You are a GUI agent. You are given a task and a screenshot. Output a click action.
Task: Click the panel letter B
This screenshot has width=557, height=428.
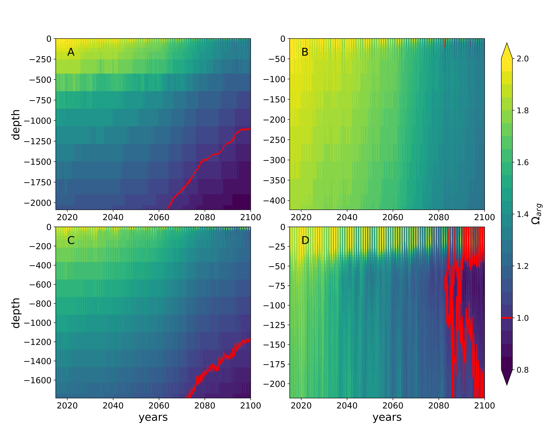(305, 52)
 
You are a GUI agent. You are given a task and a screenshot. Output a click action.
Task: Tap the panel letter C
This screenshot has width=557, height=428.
(71, 240)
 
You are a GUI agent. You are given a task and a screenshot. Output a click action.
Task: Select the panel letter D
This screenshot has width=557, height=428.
(305, 240)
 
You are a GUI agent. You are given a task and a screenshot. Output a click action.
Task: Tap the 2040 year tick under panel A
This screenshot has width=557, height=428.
(113, 217)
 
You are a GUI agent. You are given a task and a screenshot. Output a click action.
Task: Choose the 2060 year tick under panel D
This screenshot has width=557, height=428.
(393, 405)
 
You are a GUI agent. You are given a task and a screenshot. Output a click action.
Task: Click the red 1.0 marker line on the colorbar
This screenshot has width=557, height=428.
(507, 318)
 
